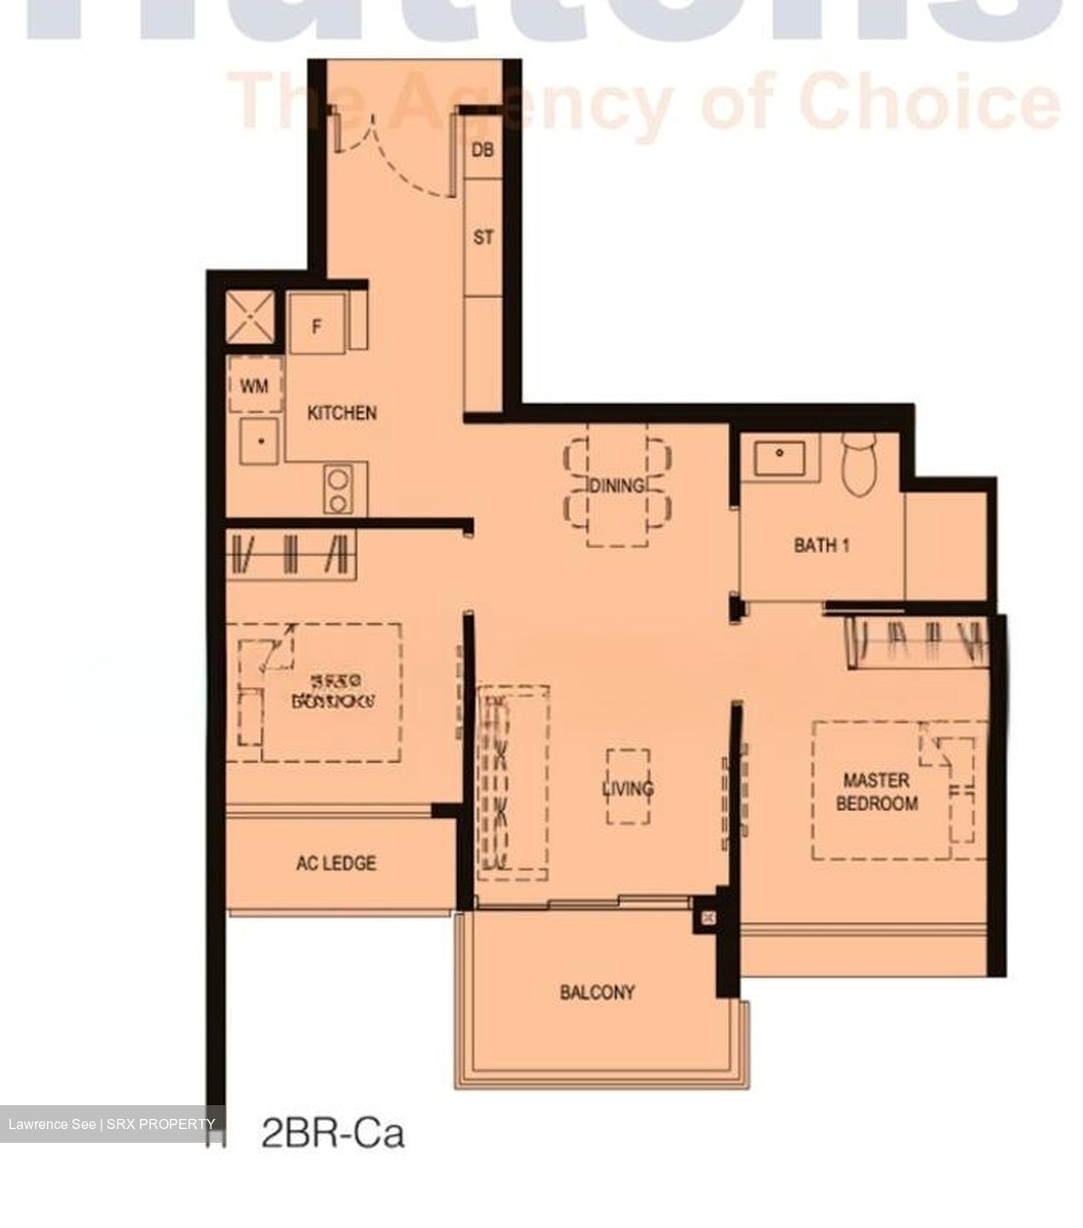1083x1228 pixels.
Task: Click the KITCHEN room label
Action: (x=341, y=413)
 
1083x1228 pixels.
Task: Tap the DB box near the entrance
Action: (x=483, y=150)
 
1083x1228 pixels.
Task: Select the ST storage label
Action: (x=483, y=237)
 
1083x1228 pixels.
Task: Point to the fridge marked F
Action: (x=317, y=324)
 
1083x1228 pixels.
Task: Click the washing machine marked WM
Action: (x=253, y=385)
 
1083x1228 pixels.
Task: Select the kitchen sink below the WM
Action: (x=260, y=441)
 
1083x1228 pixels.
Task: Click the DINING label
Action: (x=617, y=486)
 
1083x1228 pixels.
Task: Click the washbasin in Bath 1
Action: (x=779, y=457)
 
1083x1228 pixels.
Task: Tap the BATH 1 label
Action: (x=821, y=545)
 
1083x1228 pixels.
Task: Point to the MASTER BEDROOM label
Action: (x=877, y=791)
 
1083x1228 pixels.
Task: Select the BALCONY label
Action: (x=597, y=992)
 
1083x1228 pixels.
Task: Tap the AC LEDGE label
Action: (x=335, y=863)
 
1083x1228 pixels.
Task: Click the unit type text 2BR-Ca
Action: (x=333, y=1134)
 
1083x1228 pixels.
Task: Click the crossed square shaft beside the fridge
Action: (x=250, y=318)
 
